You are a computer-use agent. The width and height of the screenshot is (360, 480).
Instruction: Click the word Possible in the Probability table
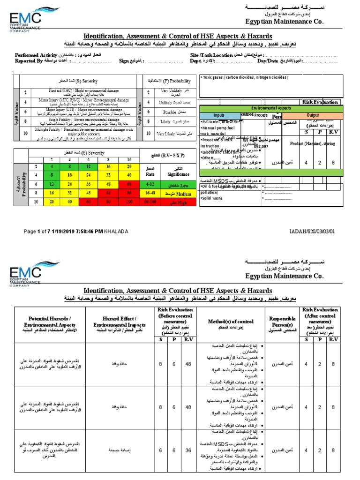coord(170,112)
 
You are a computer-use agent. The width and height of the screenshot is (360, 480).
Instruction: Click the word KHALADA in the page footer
coord(117,231)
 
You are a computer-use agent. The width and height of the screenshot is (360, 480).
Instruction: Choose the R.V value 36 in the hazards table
coord(187,450)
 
